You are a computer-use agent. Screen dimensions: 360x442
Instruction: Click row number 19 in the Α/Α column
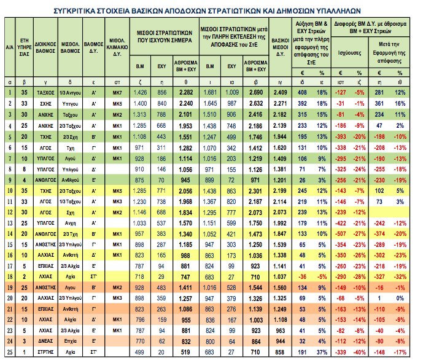tap(9, 287)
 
